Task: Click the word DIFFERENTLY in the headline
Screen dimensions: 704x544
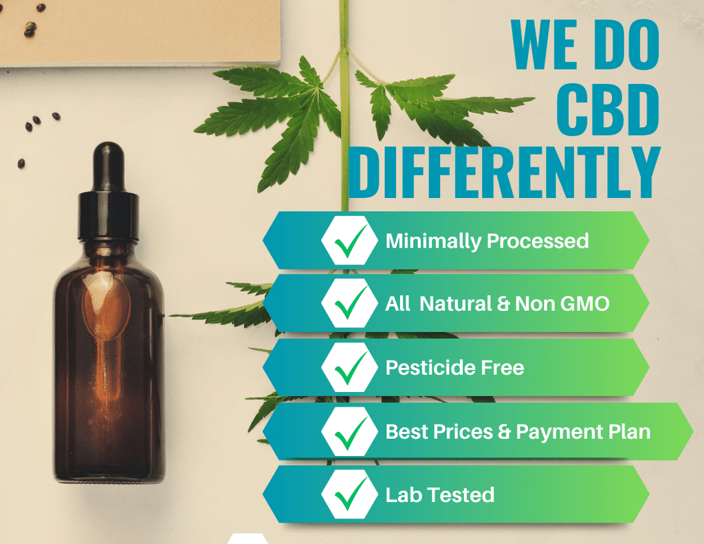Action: point(504,172)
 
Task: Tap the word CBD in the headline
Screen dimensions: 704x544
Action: point(608,109)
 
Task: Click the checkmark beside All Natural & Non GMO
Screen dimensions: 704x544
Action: point(351,303)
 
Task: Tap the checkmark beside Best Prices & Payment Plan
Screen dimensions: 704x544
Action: point(351,432)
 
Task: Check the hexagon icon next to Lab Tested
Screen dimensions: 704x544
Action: point(350,494)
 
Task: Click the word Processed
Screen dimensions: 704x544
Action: point(538,241)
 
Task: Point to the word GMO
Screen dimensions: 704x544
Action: point(585,304)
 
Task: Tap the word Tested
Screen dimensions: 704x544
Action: point(461,495)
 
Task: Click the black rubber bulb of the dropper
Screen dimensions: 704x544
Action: point(108,166)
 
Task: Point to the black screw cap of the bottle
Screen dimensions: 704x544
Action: point(108,216)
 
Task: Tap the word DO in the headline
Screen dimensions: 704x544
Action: point(628,45)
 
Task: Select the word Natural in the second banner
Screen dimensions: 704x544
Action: point(456,304)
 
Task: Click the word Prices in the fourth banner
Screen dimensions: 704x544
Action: point(463,432)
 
